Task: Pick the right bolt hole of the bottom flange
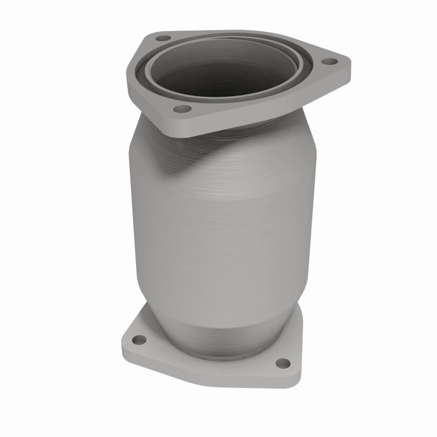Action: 282,362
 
